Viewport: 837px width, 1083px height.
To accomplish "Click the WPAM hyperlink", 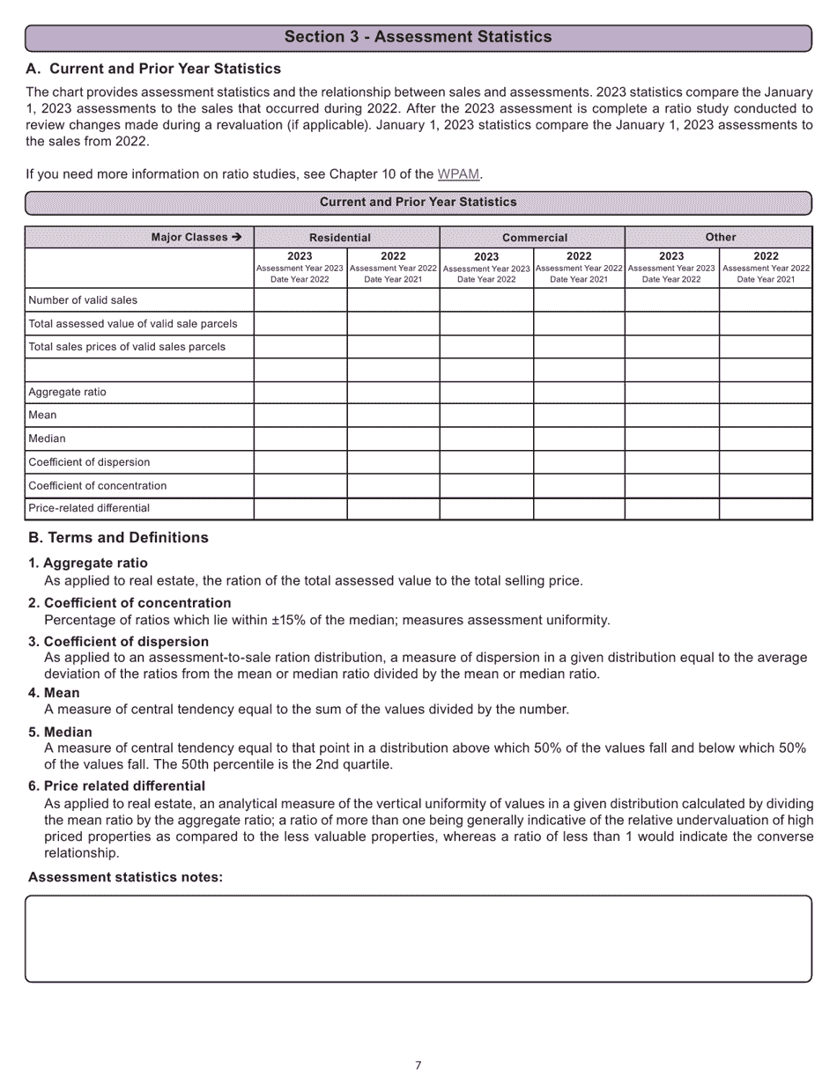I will pos(459,174).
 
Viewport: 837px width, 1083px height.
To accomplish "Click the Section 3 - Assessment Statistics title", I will pos(418,37).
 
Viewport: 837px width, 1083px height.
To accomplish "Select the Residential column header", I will pos(346,237).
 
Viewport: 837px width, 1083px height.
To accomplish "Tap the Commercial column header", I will pos(532,237).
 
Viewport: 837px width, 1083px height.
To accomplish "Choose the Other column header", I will pos(718,237).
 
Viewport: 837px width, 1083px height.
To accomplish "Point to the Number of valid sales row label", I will pos(83,300).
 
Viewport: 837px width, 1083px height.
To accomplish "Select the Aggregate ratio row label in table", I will pos(67,392).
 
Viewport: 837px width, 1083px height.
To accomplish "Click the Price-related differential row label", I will pos(89,508).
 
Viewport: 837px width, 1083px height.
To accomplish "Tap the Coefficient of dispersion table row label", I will pos(89,461).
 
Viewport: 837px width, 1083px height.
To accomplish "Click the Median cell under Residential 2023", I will pos(300,438).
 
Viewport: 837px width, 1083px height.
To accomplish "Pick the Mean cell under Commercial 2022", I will pos(579,415).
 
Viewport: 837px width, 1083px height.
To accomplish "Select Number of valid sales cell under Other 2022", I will pos(765,300).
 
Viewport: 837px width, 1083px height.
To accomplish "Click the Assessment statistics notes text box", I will pos(418,939).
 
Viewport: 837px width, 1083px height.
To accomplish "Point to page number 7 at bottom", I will pos(418,1065).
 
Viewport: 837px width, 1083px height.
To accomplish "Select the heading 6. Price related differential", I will pos(116,785).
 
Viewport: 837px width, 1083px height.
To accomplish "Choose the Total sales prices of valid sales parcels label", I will pos(127,346).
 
